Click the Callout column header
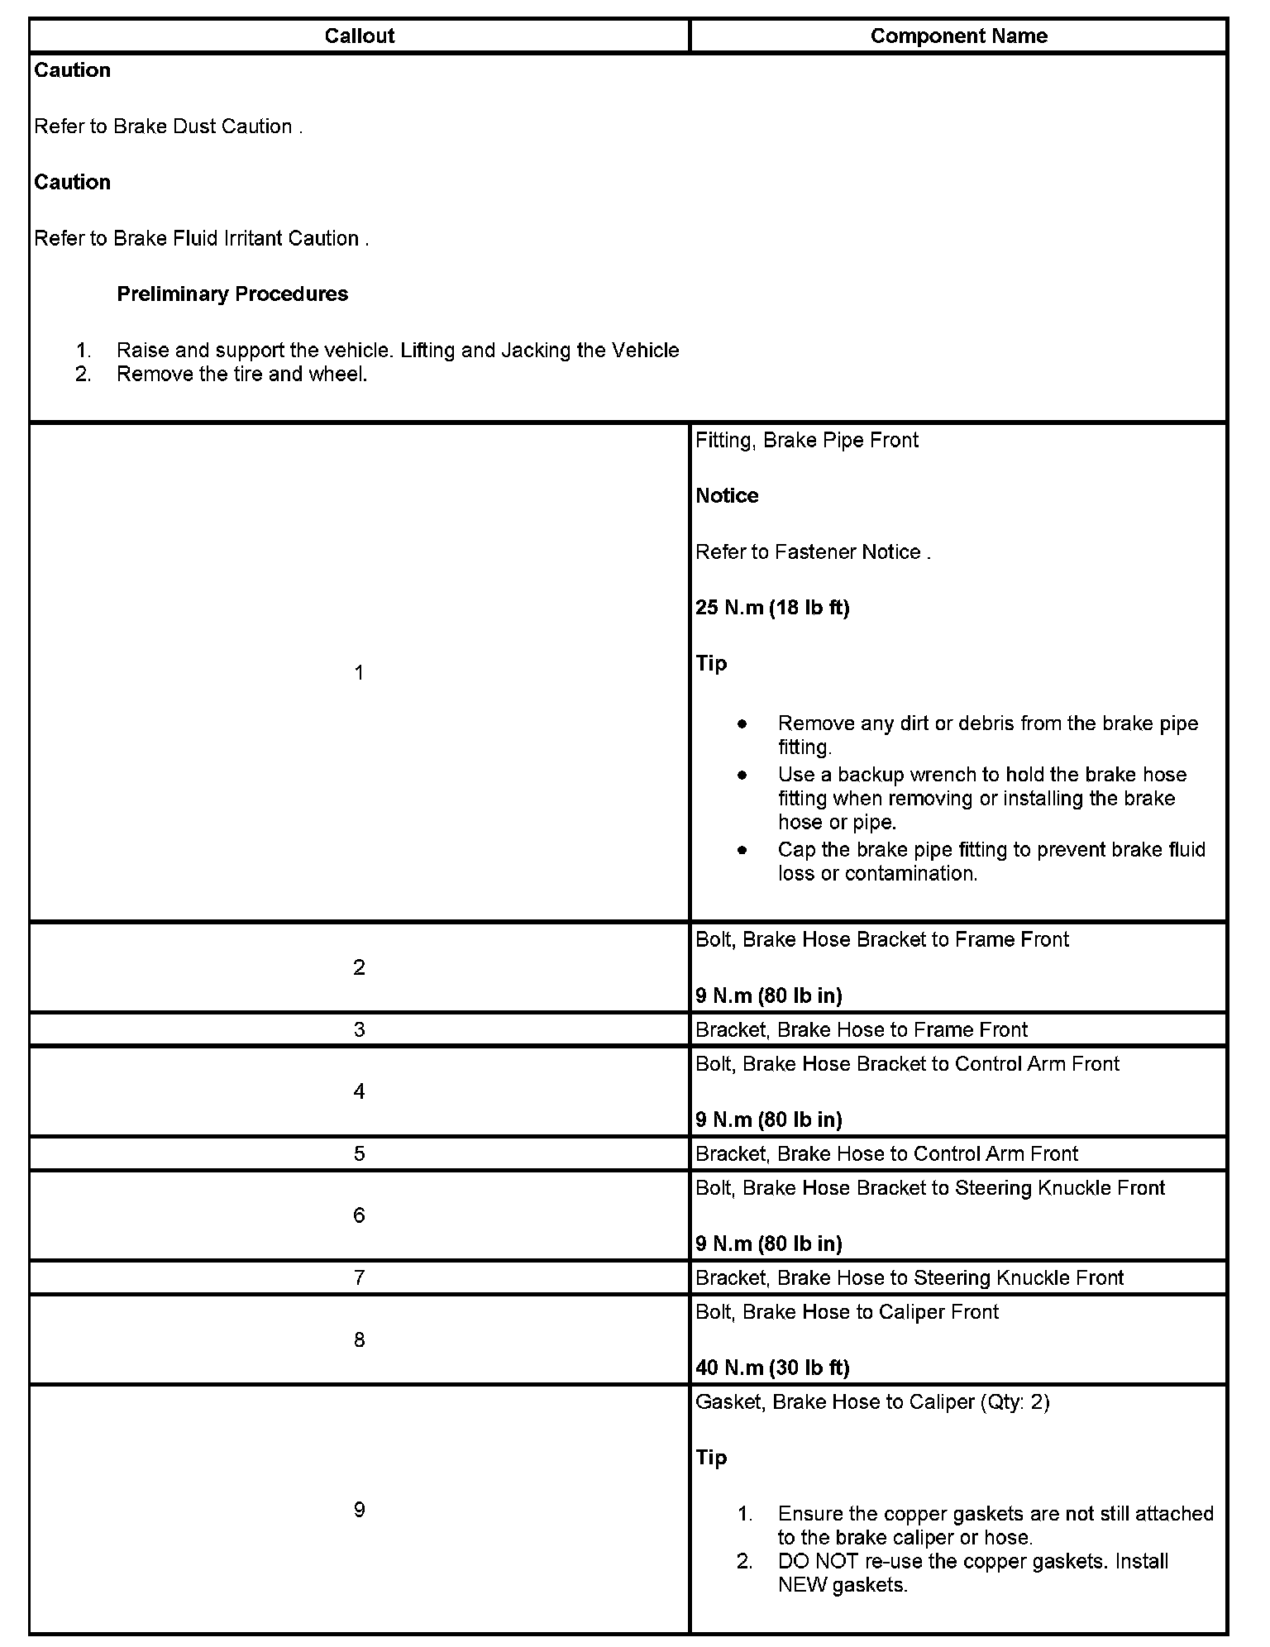[x=359, y=36]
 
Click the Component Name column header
[x=958, y=36]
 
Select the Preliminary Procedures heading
[x=232, y=294]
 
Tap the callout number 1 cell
[x=359, y=672]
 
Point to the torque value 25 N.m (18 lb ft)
[x=772, y=608]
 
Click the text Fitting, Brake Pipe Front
[x=806, y=440]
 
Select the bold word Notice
[x=727, y=495]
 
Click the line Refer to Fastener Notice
[x=812, y=551]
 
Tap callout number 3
[x=359, y=1029]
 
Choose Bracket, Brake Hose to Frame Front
[x=861, y=1029]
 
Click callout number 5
[x=359, y=1153]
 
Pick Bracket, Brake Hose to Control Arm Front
[x=886, y=1153]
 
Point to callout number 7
[x=359, y=1277]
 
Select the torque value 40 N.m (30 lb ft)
[x=772, y=1368]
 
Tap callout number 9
[x=359, y=1510]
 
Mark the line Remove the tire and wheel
[x=241, y=374]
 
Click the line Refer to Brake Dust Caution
[x=168, y=127]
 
